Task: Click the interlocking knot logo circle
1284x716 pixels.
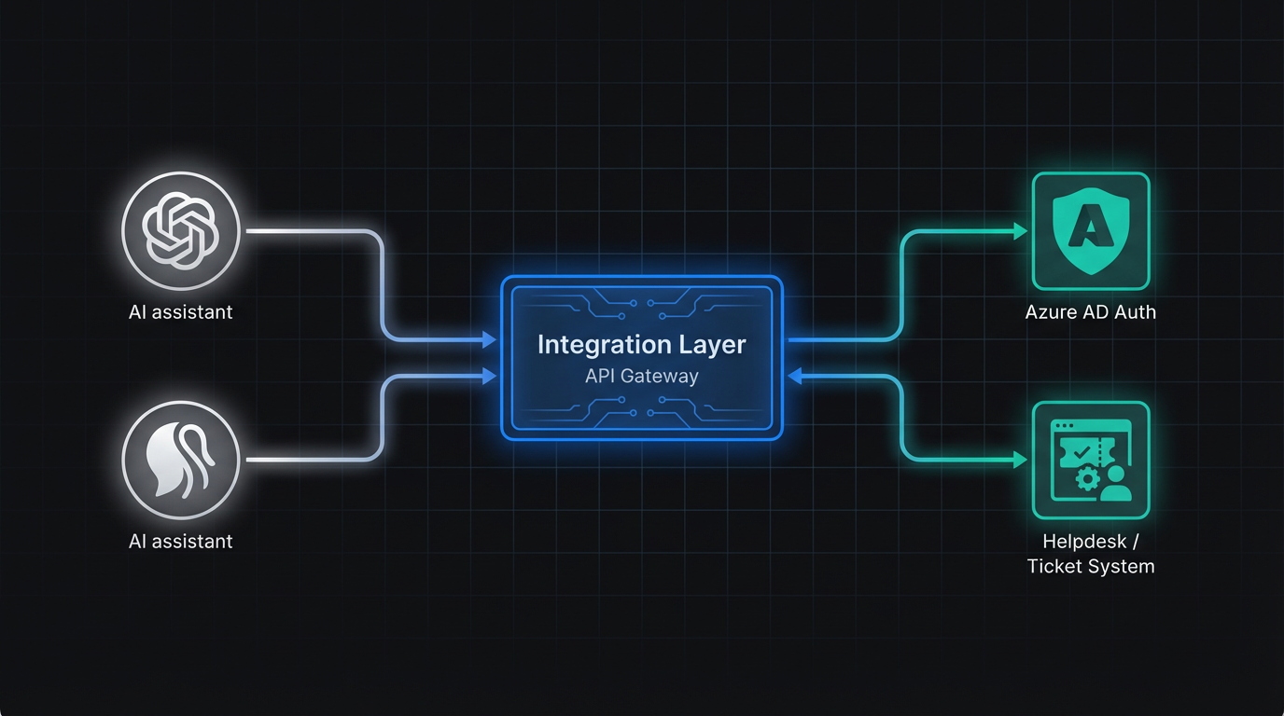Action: point(181,230)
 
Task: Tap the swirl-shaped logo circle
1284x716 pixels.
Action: point(181,460)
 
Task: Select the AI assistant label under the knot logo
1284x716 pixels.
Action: point(181,312)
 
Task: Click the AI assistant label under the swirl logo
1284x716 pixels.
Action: point(181,542)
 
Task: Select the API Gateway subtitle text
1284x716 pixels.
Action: point(642,377)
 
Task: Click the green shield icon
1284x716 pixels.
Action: point(1090,230)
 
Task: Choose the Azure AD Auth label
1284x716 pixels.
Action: point(1090,312)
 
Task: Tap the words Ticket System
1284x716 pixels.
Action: point(1090,566)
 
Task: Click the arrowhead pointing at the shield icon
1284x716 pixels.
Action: point(1021,230)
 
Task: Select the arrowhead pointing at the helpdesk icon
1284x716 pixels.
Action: point(1021,460)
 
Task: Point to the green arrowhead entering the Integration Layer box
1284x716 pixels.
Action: point(794,376)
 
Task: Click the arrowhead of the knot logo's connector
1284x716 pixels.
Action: point(489,340)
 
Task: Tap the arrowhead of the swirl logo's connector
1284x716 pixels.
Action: point(489,377)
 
